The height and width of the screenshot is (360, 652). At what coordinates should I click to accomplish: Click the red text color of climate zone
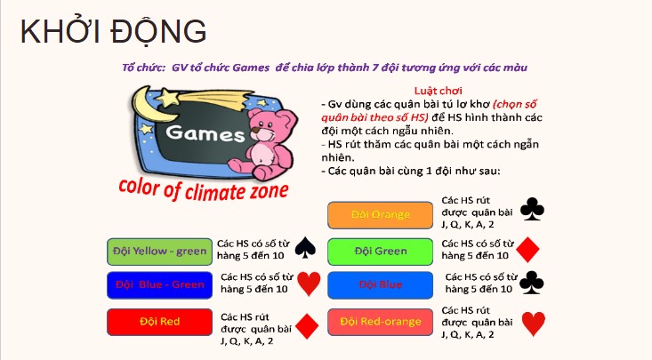click(x=205, y=187)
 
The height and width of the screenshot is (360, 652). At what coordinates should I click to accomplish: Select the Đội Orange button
click(x=381, y=215)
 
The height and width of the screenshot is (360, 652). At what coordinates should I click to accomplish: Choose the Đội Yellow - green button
click(x=157, y=252)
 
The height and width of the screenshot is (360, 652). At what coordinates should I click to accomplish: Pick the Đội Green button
click(x=381, y=252)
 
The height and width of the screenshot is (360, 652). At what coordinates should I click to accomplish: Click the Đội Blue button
click(x=381, y=285)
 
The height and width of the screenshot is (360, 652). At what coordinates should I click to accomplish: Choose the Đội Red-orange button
click(x=381, y=321)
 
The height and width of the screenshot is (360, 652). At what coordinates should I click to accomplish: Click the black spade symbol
click(x=305, y=248)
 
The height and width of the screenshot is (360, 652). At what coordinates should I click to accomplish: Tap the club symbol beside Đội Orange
click(x=532, y=210)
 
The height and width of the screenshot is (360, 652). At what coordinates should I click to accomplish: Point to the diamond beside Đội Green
click(x=530, y=250)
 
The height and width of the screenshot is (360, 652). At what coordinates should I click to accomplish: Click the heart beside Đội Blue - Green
click(x=309, y=284)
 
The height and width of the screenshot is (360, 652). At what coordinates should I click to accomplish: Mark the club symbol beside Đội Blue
click(x=531, y=283)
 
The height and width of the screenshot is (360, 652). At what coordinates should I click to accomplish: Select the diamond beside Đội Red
click(x=307, y=326)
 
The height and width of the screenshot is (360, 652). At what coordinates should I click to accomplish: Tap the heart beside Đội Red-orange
click(x=533, y=324)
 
